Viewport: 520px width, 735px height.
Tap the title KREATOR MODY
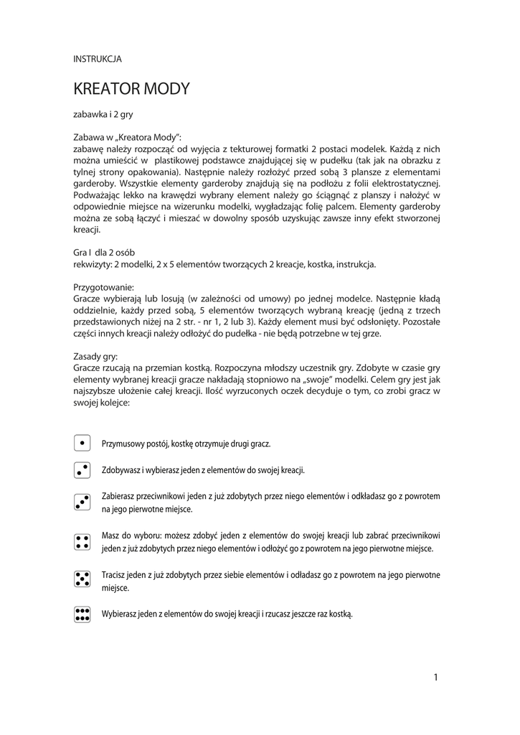click(131, 89)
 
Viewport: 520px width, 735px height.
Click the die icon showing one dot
click(82, 443)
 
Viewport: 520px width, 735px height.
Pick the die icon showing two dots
click(82, 470)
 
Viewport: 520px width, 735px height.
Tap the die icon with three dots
click(82, 502)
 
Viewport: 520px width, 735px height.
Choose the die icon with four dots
click(82, 541)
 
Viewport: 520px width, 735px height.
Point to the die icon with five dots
click(82, 580)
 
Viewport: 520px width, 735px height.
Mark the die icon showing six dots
click(82, 614)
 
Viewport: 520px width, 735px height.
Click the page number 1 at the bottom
click(435, 677)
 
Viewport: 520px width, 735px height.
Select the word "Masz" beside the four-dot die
click(110, 535)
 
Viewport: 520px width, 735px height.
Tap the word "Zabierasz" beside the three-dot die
click(120, 496)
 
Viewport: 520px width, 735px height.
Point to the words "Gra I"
click(83, 253)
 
